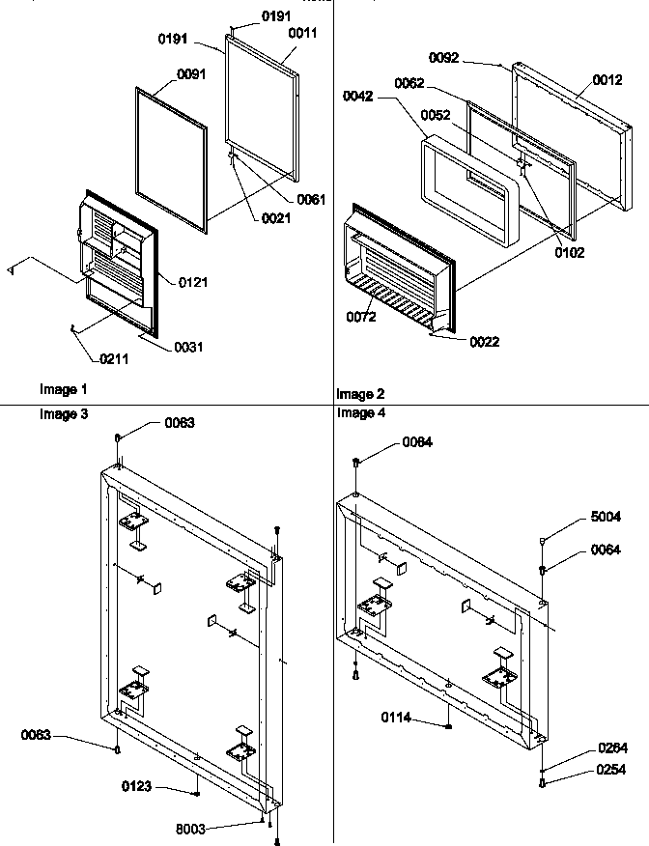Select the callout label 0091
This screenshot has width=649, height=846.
(x=192, y=73)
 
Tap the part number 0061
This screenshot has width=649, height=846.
(x=310, y=199)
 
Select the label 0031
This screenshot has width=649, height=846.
(x=188, y=347)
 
